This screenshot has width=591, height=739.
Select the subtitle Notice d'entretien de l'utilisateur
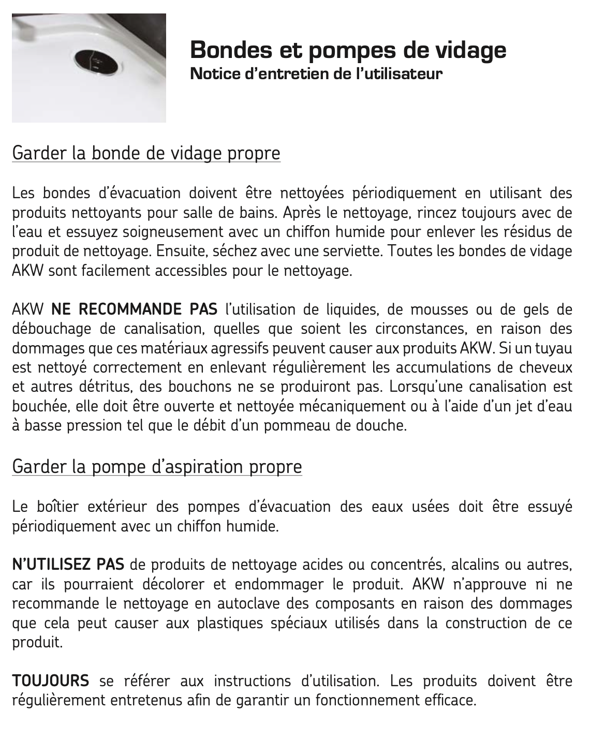tap(316, 74)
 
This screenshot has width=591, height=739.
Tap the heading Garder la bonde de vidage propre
tap(146, 153)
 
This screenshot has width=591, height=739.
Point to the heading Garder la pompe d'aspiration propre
tap(157, 467)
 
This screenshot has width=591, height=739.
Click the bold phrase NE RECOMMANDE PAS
tap(135, 309)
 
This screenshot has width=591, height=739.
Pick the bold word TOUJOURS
tap(50, 681)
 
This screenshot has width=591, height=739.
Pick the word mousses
tap(438, 309)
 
